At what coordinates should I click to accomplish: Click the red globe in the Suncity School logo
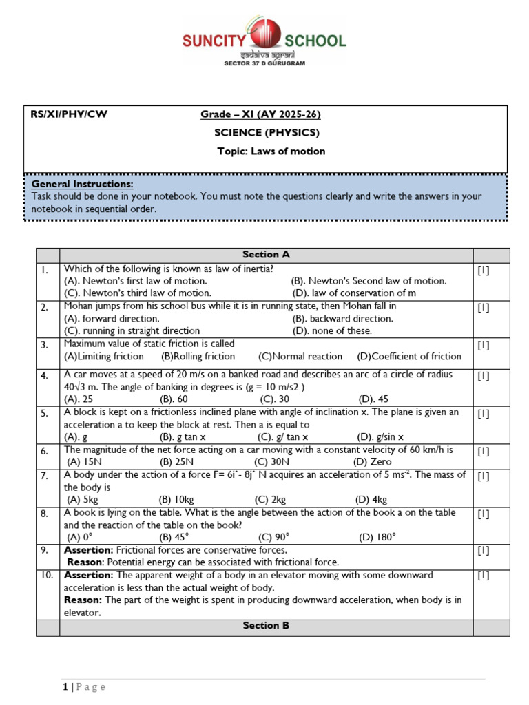[x=264, y=34]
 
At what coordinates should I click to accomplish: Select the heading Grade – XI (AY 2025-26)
[x=260, y=114]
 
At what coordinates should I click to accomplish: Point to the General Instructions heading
[x=83, y=185]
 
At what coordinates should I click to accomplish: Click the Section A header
[x=266, y=255]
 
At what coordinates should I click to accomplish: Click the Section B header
[x=266, y=626]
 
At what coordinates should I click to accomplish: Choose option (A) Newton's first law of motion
[x=135, y=281]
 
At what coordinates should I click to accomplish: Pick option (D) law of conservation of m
[x=354, y=293]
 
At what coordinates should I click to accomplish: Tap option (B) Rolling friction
[x=198, y=357]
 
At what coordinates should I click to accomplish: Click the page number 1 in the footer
[x=64, y=687]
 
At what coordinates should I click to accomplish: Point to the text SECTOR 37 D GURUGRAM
[x=264, y=63]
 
